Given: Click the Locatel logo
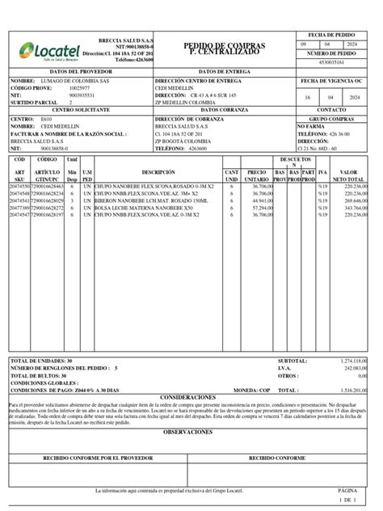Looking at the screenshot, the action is (45, 50).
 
